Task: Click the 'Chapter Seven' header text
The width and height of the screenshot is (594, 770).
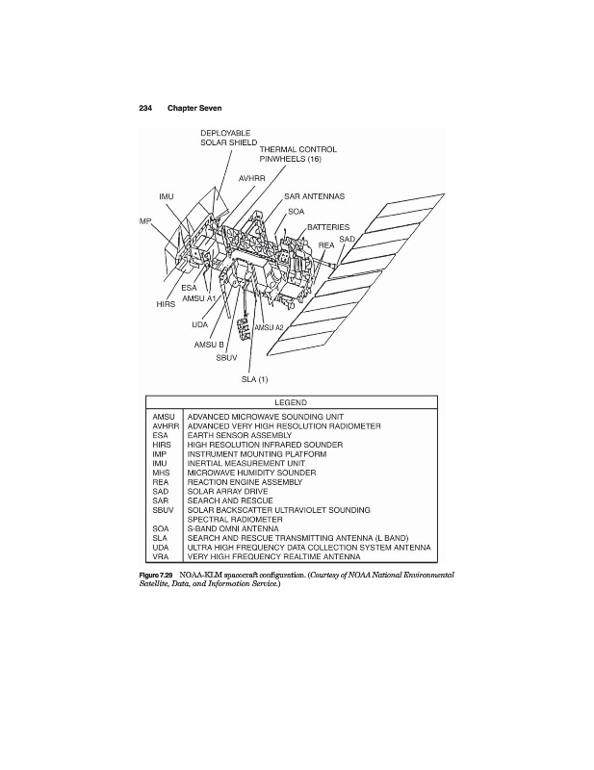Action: pos(194,107)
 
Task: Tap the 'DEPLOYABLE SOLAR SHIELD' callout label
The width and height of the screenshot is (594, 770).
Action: pos(228,137)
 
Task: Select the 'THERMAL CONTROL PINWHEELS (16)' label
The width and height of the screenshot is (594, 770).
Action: pos(298,154)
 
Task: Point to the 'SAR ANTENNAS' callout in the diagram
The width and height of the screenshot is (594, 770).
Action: pos(315,195)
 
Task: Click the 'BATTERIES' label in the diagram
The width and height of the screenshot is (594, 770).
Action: pos(328,228)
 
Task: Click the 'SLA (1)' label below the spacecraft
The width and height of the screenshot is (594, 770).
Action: pos(254,378)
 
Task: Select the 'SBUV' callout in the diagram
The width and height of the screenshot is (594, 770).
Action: pos(226,357)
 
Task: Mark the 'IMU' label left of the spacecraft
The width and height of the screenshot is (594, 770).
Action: pos(166,196)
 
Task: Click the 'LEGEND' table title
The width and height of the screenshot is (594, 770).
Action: pos(291,401)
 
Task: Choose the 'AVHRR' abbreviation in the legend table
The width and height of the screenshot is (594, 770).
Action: pos(166,424)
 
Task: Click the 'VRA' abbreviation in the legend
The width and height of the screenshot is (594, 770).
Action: pos(161,556)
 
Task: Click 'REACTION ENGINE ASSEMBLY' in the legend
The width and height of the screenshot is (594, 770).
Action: pos(246,481)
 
